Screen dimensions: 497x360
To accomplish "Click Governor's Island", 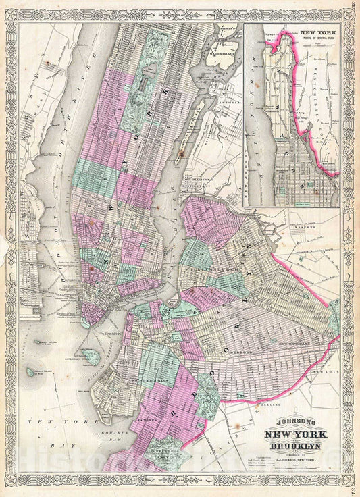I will tap(91, 356).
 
